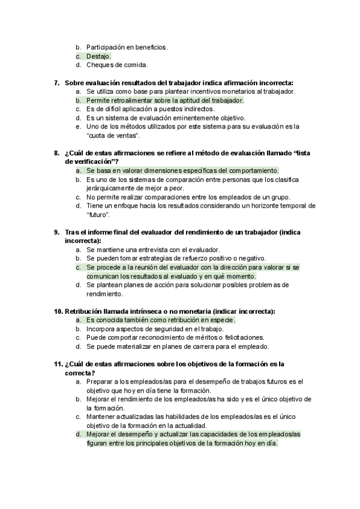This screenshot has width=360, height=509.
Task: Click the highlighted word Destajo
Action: tap(98, 56)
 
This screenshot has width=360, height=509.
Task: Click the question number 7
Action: tap(56, 83)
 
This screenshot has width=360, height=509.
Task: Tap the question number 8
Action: tap(56, 153)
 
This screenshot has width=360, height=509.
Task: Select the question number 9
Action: tap(56, 232)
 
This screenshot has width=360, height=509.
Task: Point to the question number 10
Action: tap(58, 311)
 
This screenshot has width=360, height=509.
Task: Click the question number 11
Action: tap(58, 364)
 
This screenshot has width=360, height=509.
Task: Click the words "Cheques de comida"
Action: tap(116, 65)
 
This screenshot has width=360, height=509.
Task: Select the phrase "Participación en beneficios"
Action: tap(127, 47)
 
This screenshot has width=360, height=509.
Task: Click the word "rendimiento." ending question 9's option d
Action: tap(105, 294)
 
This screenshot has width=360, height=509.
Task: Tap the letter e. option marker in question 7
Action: tap(78, 127)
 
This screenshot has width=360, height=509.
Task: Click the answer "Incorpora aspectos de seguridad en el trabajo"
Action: tap(155, 329)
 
